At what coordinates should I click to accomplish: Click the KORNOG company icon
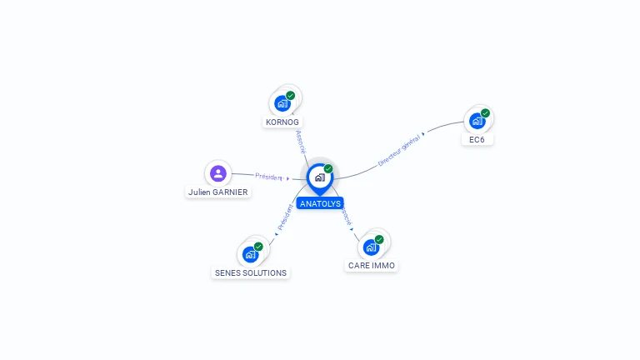pyautogui.click(x=282, y=103)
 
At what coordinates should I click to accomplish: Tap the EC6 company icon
pyautogui.click(x=477, y=120)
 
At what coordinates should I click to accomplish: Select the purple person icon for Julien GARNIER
pyautogui.click(x=218, y=173)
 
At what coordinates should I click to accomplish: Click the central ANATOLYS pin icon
pyautogui.click(x=319, y=177)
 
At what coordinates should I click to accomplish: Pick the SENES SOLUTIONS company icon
pyautogui.click(x=251, y=254)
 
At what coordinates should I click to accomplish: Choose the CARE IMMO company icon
pyautogui.click(x=372, y=247)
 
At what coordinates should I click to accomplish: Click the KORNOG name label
pyautogui.click(x=282, y=122)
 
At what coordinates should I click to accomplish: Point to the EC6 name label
pyautogui.click(x=477, y=139)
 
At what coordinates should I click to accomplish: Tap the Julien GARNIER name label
pyautogui.click(x=218, y=192)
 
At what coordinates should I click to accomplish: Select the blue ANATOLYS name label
pyautogui.click(x=320, y=203)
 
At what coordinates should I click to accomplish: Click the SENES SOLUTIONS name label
pyautogui.click(x=251, y=272)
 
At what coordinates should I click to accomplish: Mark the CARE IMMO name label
pyautogui.click(x=372, y=266)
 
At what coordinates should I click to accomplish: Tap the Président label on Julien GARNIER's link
pyautogui.click(x=269, y=177)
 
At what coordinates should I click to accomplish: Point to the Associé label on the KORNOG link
pyautogui.click(x=301, y=141)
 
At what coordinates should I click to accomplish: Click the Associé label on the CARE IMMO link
pyautogui.click(x=346, y=215)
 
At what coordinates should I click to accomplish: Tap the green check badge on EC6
pyautogui.click(x=485, y=113)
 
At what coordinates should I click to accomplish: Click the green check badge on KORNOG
pyautogui.click(x=290, y=96)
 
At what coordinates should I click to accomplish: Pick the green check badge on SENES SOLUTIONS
pyautogui.click(x=258, y=247)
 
